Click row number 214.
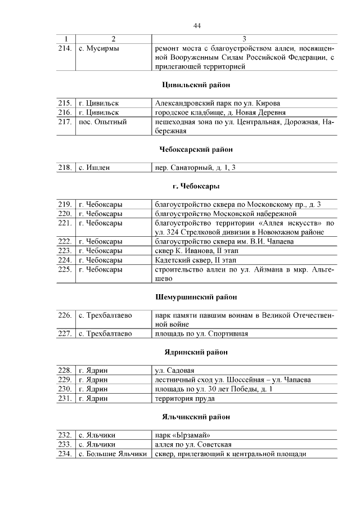[x=65, y=48]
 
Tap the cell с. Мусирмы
[x=99, y=48]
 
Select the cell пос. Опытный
[x=103, y=121]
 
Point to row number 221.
[x=65, y=223]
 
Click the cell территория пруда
[x=184, y=398]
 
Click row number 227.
[x=65, y=334]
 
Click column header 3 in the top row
[x=244, y=39]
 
